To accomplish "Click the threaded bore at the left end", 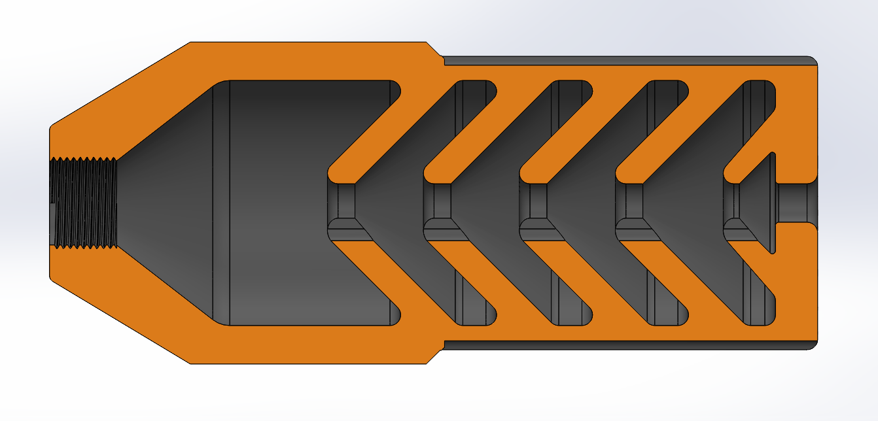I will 84,203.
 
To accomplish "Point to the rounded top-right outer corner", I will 813,61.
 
